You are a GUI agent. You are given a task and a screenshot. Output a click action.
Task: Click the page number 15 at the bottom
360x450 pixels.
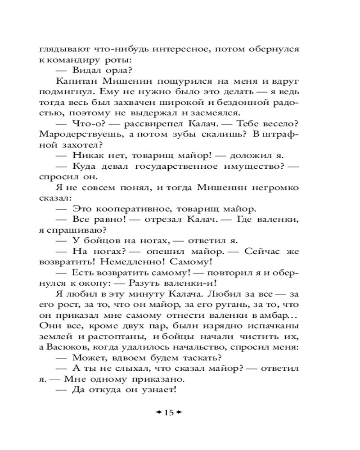pyautogui.click(x=169, y=413)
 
